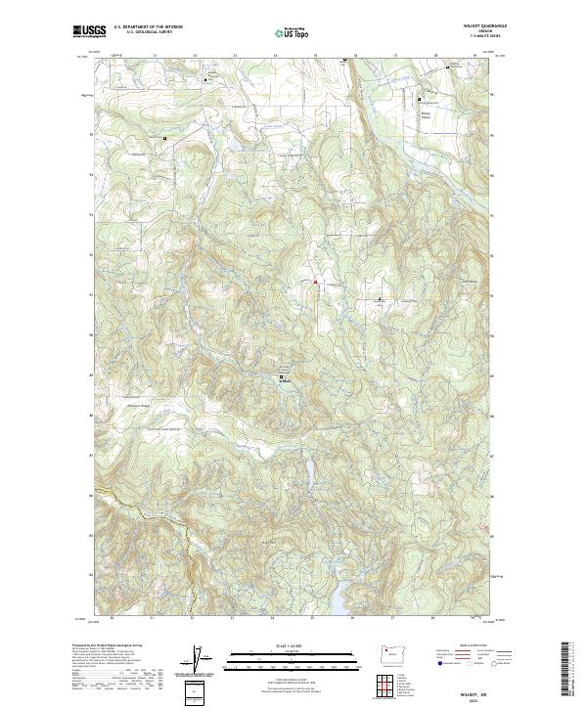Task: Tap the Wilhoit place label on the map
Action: point(286,380)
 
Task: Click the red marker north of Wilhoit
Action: point(315,282)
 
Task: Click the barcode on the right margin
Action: point(565,669)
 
